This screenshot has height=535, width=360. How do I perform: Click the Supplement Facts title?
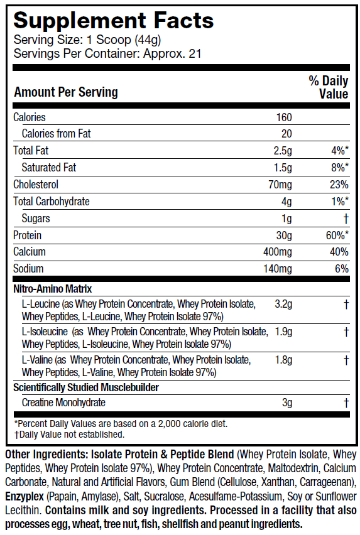click(x=113, y=21)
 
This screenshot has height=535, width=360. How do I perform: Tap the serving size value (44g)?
click(x=148, y=40)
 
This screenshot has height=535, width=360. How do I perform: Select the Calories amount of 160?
click(x=284, y=117)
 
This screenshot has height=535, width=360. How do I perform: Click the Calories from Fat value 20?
click(x=286, y=134)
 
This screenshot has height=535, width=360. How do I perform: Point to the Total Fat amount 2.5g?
click(x=283, y=151)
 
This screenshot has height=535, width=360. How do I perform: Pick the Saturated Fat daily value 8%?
click(x=340, y=168)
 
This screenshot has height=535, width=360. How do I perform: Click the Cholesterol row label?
click(x=36, y=185)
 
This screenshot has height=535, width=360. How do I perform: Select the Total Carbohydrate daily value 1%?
click(x=340, y=202)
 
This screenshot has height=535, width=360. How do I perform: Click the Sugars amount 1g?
click(x=286, y=219)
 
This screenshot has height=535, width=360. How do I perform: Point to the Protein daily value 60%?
click(x=337, y=235)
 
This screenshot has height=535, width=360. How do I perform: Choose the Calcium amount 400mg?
click(x=278, y=252)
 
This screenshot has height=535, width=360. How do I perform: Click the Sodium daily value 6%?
click(x=342, y=269)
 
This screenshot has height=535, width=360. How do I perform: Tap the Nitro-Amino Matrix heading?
click(x=53, y=289)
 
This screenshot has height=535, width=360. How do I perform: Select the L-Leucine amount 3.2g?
click(x=283, y=304)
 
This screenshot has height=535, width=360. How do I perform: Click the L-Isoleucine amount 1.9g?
click(x=283, y=332)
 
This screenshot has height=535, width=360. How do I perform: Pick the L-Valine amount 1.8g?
click(x=283, y=360)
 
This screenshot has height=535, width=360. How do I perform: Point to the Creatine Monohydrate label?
click(x=63, y=403)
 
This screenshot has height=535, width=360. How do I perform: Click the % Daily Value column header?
click(x=329, y=87)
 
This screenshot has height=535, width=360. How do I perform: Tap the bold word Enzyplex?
click(x=25, y=497)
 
